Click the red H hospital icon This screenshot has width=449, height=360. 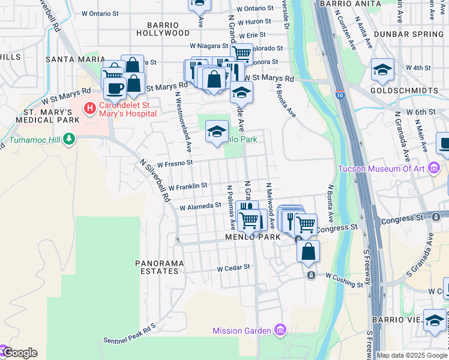[x=89, y=109]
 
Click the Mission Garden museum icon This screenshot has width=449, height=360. [x=279, y=330]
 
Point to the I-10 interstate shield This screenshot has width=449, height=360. [x=340, y=94]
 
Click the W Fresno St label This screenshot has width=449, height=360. [x=175, y=163]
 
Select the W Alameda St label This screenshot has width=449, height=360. [x=201, y=206]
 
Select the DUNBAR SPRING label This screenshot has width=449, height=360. [x=408, y=34]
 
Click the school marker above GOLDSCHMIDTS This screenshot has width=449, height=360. [x=382, y=70]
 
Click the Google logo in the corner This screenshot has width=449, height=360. [x=19, y=352]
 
